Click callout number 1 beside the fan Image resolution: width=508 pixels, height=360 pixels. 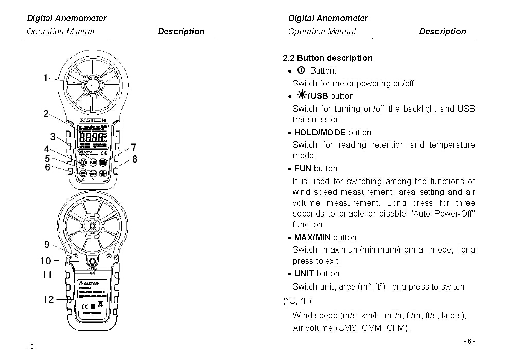pyautogui.click(x=46, y=78)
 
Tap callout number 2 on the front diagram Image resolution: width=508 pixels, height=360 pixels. pyautogui.click(x=46, y=114)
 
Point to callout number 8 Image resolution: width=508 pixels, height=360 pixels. pyautogui.click(x=135, y=159)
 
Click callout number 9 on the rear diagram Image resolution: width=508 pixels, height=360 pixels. pyautogui.click(x=47, y=245)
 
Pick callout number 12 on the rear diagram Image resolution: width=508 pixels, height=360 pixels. pyautogui.click(x=48, y=299)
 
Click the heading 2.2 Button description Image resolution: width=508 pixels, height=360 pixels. pyautogui.click(x=327, y=58)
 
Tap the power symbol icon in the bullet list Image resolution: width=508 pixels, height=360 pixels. pyautogui.click(x=302, y=70)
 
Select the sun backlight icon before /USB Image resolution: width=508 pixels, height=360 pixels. pyautogui.click(x=302, y=95)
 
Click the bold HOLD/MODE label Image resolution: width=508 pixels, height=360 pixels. pyautogui.click(x=320, y=132)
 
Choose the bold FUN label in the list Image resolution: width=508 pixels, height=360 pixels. pyautogui.click(x=303, y=168)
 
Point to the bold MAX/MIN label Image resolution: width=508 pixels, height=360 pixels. pyautogui.click(x=312, y=237)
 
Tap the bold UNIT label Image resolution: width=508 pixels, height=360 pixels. pyautogui.click(x=304, y=273)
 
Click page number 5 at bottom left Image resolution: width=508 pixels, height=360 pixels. pyautogui.click(x=31, y=347)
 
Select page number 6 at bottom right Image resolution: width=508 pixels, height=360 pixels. pyautogui.click(x=469, y=341)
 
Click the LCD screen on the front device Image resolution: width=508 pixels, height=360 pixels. pyautogui.click(x=93, y=138)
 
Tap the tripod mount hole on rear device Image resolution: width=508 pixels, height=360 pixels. pyautogui.click(x=93, y=261)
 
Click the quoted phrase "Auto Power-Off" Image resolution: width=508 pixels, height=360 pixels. pyautogui.click(x=442, y=213)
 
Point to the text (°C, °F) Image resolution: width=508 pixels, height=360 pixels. pyautogui.click(x=297, y=301)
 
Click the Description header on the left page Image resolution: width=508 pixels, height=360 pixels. pyautogui.click(x=181, y=31)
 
